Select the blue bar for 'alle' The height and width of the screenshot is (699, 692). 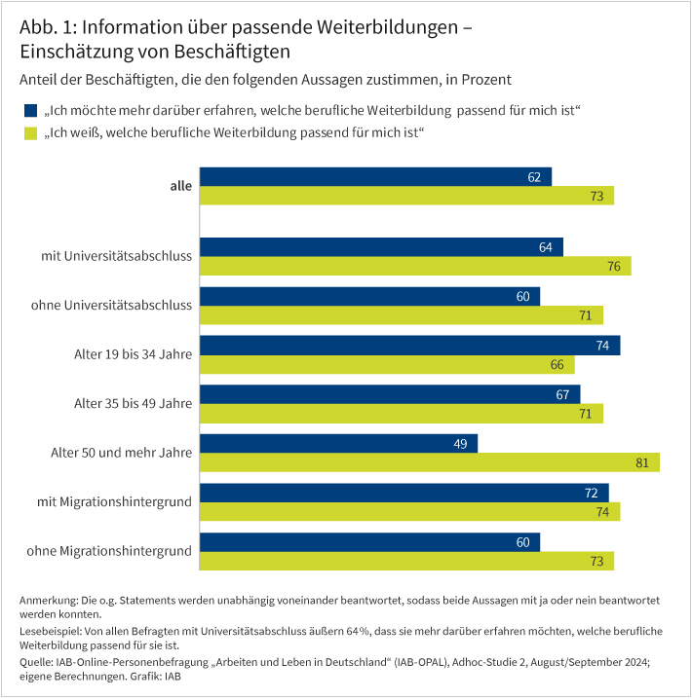(x=375, y=177)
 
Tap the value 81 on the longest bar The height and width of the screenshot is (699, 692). (x=642, y=462)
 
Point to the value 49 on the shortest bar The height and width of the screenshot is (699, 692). (x=460, y=443)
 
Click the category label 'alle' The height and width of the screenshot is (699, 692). (x=181, y=186)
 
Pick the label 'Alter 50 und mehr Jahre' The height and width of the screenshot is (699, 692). (x=121, y=452)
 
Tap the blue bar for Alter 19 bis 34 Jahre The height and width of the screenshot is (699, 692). (x=409, y=345)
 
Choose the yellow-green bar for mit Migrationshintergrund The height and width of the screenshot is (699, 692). (x=409, y=512)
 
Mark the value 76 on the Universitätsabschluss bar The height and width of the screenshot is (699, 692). (x=614, y=267)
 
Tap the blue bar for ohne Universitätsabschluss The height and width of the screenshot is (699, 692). (x=369, y=295)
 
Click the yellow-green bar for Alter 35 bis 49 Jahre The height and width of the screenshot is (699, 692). (x=401, y=414)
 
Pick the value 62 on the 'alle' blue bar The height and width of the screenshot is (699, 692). (x=534, y=177)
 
